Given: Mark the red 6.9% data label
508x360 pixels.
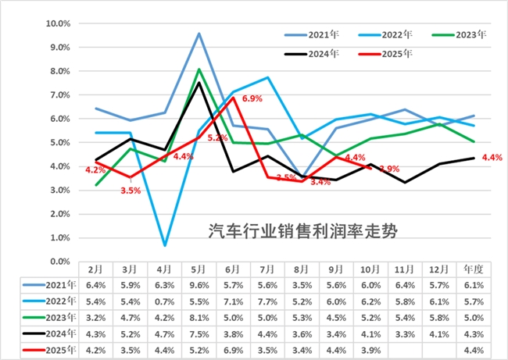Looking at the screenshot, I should click(252, 98).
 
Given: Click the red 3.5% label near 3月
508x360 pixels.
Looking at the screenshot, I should click(131, 190).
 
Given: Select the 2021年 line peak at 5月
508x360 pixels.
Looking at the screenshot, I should click(199, 34).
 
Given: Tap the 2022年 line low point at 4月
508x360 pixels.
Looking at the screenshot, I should click(165, 245).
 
